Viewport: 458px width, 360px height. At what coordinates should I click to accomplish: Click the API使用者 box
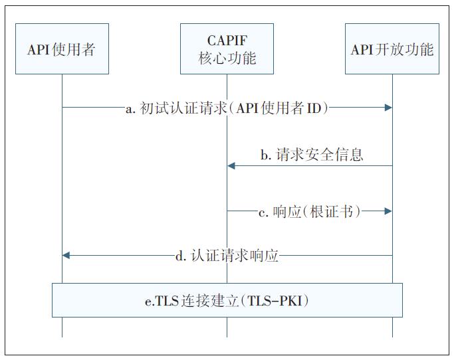coord(62,50)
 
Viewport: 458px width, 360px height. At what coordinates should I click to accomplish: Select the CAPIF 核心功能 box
coord(227,50)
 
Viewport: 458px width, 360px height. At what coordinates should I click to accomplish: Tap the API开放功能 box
coord(392,50)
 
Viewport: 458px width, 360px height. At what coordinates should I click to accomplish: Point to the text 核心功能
coord(227,58)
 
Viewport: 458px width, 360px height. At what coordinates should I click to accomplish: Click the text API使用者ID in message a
coord(283,108)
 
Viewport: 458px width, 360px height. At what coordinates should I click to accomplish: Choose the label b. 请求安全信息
coord(311,155)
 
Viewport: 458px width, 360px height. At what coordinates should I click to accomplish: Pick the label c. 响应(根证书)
coord(309,212)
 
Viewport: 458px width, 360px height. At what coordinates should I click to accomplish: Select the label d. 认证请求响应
coord(227,256)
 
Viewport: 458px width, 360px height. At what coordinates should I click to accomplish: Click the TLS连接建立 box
coord(227,300)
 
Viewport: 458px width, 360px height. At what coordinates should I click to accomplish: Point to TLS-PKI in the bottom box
coord(278,301)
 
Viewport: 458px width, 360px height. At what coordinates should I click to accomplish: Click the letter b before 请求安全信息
coord(265,156)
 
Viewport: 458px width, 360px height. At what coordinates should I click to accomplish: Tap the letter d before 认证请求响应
coord(179,256)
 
